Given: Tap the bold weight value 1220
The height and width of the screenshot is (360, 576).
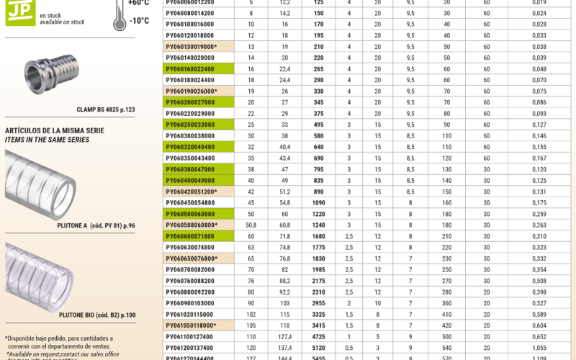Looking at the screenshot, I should (x=318, y=215).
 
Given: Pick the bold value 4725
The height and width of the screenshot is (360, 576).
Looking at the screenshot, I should (x=318, y=337).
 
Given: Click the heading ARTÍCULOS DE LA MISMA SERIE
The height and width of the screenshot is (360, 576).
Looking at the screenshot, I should (x=55, y=130).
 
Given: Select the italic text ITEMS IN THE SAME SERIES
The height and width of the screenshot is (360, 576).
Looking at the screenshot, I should (x=48, y=140).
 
